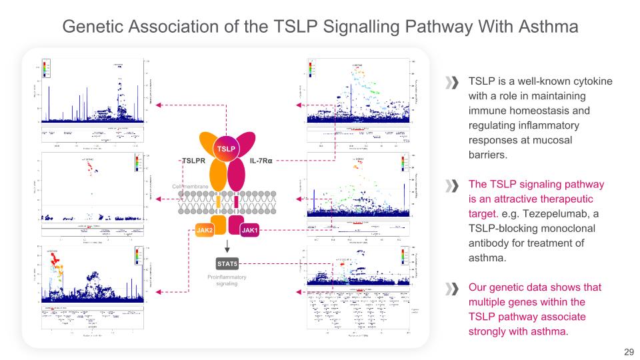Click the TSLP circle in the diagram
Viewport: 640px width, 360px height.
225,147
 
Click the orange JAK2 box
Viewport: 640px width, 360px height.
205,230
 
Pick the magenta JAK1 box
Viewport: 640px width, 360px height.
250,230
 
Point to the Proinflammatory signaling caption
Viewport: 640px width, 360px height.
227,280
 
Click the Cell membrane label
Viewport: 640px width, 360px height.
191,186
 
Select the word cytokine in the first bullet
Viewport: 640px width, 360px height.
589,81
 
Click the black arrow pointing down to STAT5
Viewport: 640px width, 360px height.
227,248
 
